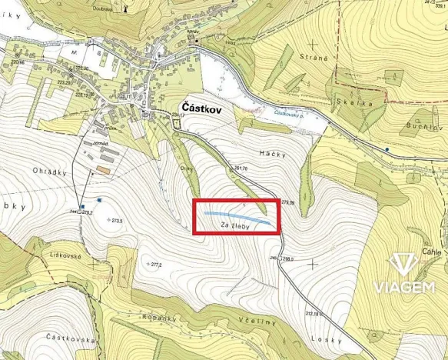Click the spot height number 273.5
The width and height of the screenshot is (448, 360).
(117, 221)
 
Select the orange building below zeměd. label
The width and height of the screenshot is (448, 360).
(103, 168)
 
